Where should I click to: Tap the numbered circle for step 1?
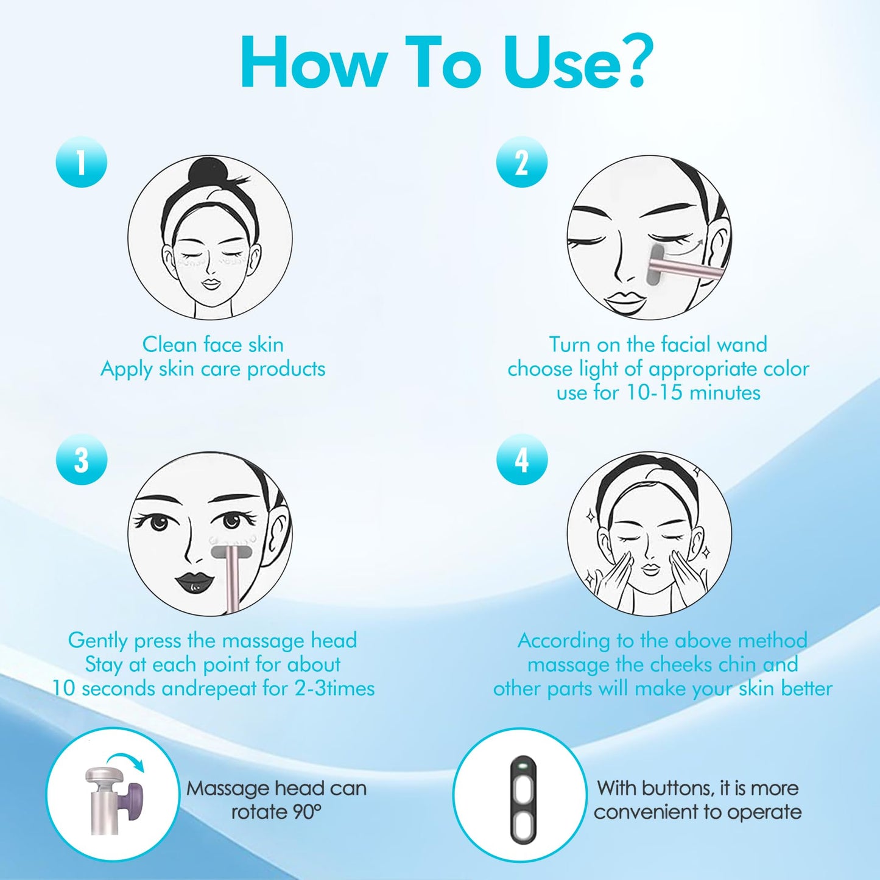click(x=81, y=161)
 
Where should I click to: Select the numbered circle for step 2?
click(x=522, y=161)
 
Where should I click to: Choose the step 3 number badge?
click(x=81, y=459)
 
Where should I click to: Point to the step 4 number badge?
click(x=522, y=459)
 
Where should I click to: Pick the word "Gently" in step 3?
click(x=97, y=641)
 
